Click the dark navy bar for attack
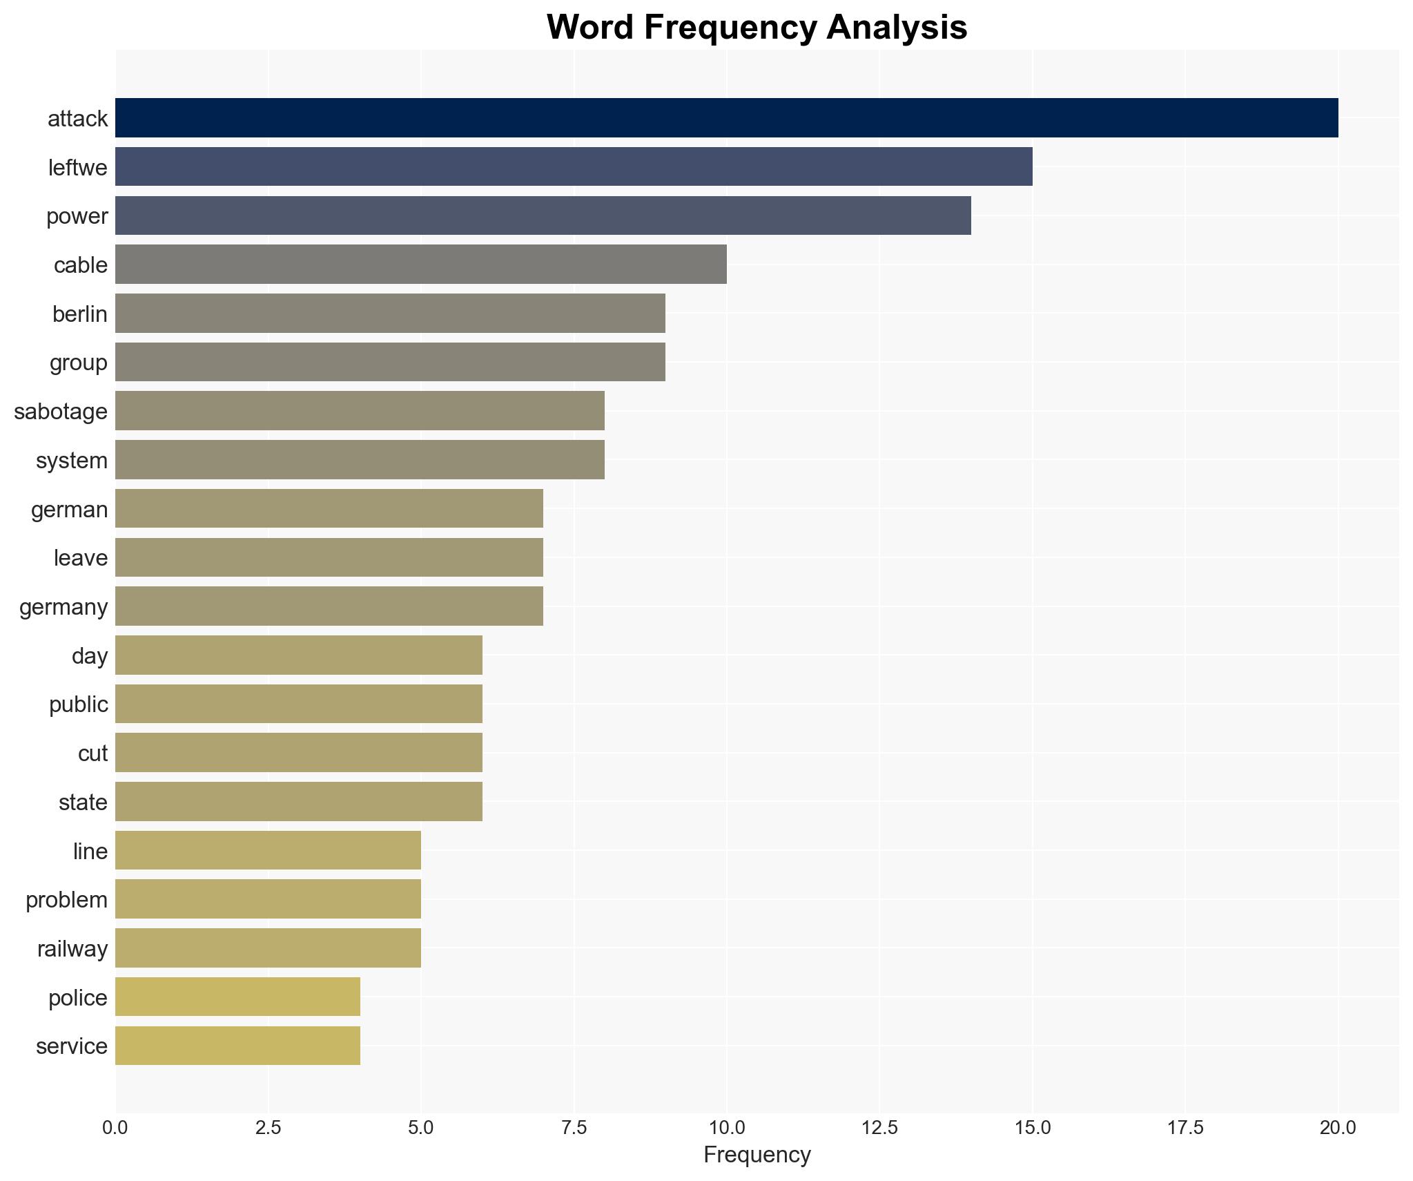click(x=726, y=118)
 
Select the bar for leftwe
click(x=573, y=166)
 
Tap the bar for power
click(x=543, y=215)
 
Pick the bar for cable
click(x=420, y=265)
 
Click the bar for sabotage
click(x=359, y=411)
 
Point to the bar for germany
click(x=329, y=606)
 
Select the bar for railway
click(x=268, y=948)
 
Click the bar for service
click(x=237, y=1046)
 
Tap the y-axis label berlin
click(x=80, y=314)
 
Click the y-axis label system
click(x=72, y=461)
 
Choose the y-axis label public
click(x=79, y=704)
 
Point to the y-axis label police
click(x=78, y=998)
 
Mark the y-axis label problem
click(x=66, y=900)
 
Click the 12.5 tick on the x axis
click(x=879, y=1128)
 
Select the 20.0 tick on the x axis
click(x=1338, y=1128)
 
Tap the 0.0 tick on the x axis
click(x=115, y=1128)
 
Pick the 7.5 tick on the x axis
click(x=573, y=1128)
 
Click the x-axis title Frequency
click(x=757, y=1155)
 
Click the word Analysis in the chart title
click(x=897, y=28)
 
